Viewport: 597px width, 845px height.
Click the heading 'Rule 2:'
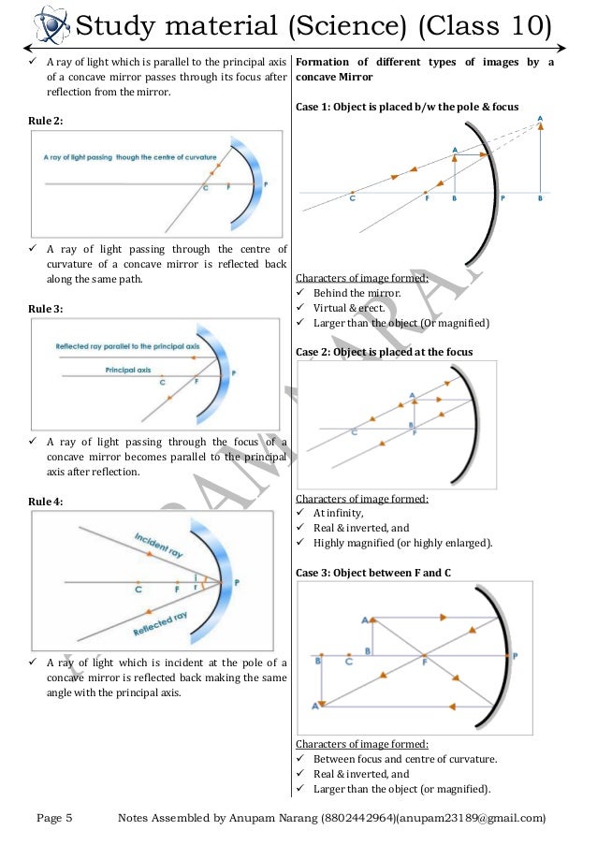click(48, 121)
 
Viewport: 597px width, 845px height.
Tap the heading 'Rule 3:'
click(48, 308)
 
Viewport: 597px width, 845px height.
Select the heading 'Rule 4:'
click(48, 502)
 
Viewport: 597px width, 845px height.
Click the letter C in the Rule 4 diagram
click(138, 590)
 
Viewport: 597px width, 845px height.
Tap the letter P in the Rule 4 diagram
click(236, 583)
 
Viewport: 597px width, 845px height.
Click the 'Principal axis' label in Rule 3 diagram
click(128, 370)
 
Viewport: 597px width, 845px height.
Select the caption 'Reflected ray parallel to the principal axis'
click(127, 345)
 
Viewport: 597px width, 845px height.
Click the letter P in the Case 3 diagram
click(516, 655)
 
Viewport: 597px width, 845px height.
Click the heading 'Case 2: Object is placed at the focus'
click(384, 351)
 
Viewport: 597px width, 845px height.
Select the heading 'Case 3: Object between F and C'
click(373, 571)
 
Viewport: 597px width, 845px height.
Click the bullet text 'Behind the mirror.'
click(349, 293)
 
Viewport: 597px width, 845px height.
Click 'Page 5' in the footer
click(54, 819)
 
